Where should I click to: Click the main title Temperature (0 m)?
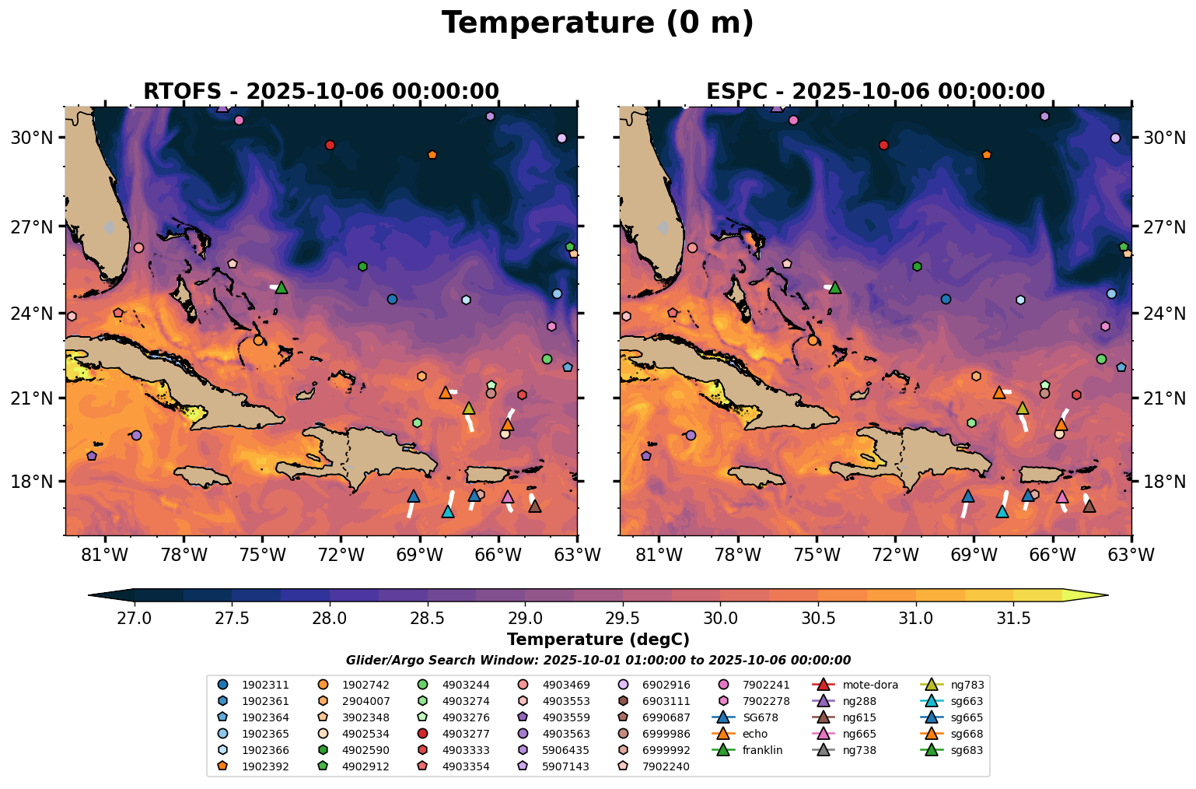point(597,23)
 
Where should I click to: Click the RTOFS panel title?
point(320,91)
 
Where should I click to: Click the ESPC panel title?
point(875,91)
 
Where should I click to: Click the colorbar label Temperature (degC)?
point(597,640)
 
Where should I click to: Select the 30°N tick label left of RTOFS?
point(31,138)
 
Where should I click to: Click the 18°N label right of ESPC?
point(1164,482)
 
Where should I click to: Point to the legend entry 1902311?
point(265,686)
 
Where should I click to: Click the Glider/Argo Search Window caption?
point(597,661)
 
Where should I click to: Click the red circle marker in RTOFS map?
point(330,145)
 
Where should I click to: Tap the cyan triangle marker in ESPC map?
point(1002,512)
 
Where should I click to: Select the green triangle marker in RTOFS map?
point(282,288)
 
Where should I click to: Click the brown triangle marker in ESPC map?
point(1089,507)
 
